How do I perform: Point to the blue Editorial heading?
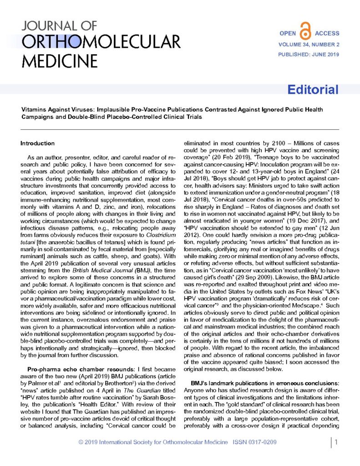click(312, 89)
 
